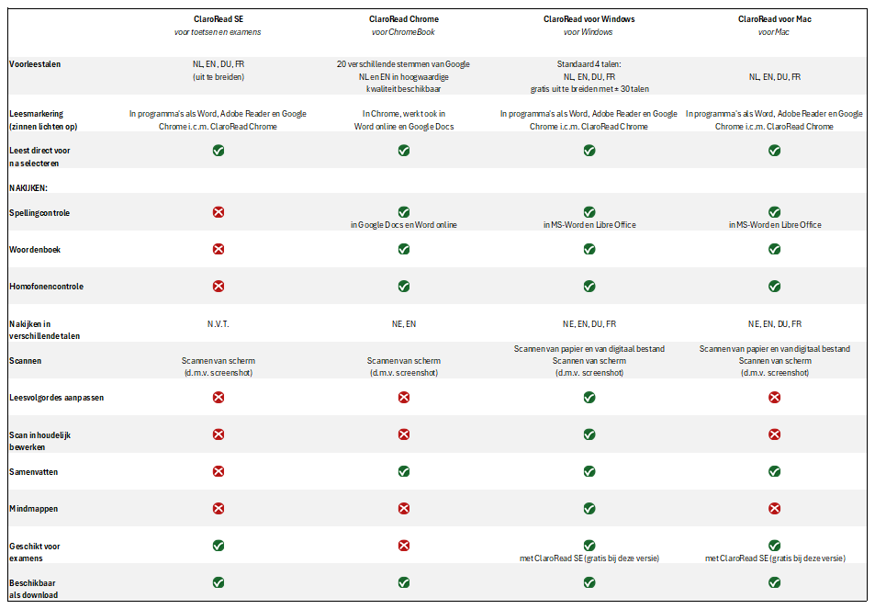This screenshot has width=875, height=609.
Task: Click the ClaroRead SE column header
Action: point(219,19)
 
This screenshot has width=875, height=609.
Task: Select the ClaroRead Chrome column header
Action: point(403,19)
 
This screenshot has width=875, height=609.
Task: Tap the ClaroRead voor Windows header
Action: point(589,19)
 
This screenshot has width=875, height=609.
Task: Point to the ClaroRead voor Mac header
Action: point(775,19)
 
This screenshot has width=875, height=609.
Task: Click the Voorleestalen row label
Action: point(35,64)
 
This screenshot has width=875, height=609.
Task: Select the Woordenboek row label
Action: point(35,250)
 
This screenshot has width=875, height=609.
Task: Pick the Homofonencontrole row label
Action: point(46,287)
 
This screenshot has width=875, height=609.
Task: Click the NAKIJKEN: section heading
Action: point(28,188)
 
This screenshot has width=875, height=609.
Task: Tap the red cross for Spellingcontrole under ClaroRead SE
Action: point(219,212)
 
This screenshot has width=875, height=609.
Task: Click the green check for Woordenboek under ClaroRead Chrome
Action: point(403,249)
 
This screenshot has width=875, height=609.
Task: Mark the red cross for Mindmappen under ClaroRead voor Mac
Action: point(774,509)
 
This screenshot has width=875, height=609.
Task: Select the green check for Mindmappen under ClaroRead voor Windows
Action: point(589,509)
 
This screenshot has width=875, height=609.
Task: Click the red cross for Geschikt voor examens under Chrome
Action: point(403,546)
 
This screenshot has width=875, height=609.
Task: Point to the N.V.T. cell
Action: point(219,323)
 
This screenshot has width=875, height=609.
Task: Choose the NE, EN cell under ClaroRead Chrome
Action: point(403,323)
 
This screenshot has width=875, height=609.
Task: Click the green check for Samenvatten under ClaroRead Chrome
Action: point(403,472)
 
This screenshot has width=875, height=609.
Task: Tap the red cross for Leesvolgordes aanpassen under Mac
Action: point(774,398)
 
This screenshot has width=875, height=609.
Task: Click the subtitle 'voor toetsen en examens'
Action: point(218,32)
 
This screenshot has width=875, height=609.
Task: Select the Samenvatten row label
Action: point(33,472)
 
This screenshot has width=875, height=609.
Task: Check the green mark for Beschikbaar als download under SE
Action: point(219,582)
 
